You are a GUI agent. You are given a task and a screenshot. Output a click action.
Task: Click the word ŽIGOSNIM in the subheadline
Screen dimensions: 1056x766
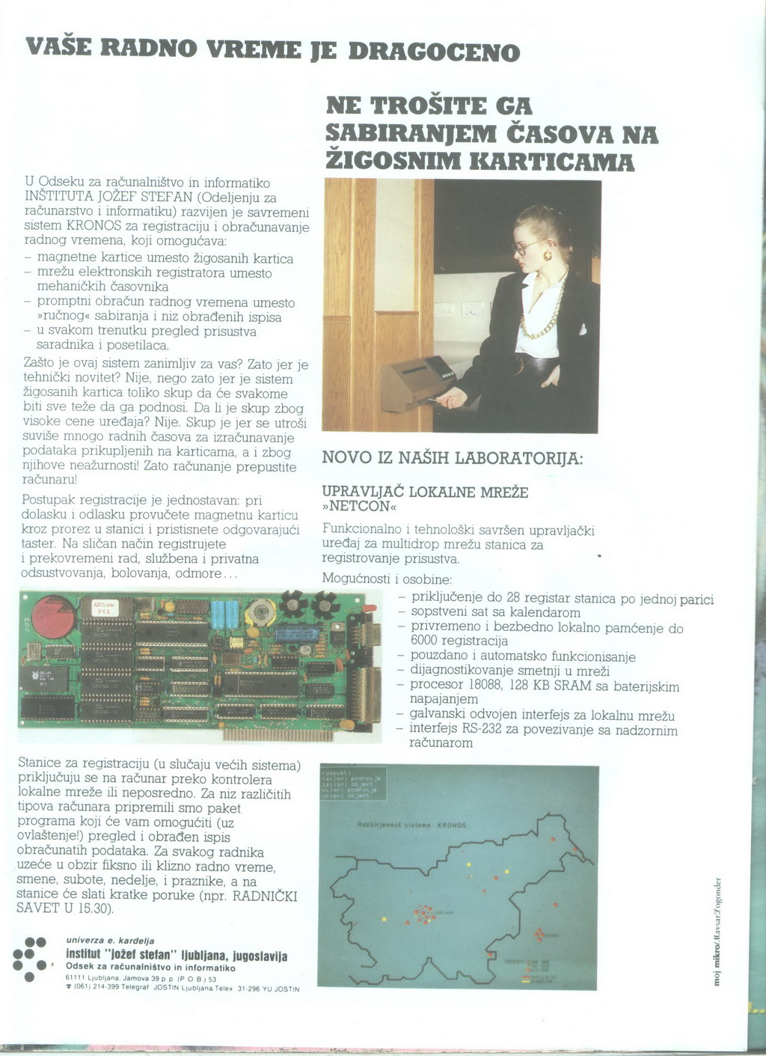point(393,160)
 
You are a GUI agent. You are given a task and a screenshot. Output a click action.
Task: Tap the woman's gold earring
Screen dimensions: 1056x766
point(548,256)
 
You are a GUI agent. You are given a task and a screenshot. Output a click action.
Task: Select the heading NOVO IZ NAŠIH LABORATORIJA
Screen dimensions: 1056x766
point(452,457)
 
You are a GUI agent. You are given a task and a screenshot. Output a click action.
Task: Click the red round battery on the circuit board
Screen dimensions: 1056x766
point(51,615)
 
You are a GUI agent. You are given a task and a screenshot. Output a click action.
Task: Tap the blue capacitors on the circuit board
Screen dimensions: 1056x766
point(224,614)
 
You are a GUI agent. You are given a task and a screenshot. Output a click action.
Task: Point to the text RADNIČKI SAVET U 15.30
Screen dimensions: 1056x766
point(157,901)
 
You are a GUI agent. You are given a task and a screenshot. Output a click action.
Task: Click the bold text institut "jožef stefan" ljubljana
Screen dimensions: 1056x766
point(177,956)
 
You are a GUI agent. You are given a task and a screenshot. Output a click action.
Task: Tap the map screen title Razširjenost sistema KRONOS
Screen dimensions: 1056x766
point(412,825)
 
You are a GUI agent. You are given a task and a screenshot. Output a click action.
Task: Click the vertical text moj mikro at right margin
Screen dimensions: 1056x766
point(718,965)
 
